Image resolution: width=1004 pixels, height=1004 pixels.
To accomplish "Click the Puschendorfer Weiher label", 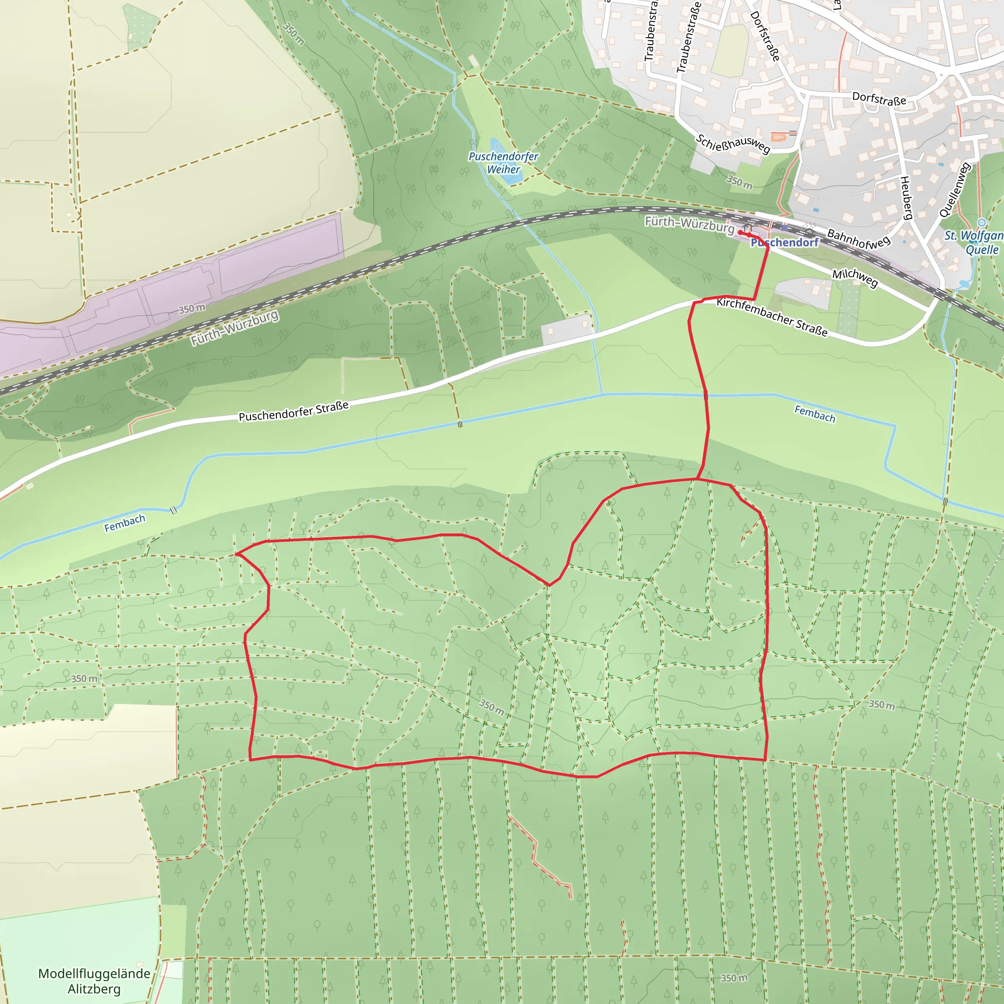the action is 503,163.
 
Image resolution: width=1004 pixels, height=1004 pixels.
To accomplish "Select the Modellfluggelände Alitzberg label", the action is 94,981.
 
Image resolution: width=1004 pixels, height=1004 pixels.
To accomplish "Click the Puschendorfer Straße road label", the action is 294,411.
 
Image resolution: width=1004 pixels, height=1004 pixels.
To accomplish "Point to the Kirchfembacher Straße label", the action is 772,317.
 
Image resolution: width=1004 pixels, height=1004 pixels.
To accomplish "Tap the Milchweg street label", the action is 855,278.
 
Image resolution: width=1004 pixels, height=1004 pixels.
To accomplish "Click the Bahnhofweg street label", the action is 858,239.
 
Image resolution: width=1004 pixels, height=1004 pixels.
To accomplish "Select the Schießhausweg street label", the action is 733,144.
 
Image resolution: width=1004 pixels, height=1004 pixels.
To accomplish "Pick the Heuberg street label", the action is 906,198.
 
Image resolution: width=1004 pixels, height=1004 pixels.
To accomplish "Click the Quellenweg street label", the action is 954,190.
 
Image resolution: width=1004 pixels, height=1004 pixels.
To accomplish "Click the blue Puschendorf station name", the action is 785,243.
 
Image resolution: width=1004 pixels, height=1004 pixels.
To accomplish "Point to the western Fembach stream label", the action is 125,523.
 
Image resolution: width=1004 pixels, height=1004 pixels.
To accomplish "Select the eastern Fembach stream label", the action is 815,414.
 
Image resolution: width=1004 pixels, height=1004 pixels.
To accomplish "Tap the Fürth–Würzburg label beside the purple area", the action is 234,328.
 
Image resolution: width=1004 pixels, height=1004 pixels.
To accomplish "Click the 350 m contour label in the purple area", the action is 192,309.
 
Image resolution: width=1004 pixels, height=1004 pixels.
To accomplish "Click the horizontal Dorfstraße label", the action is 879,99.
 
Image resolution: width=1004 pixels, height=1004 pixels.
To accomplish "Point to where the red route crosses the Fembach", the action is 706,396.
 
